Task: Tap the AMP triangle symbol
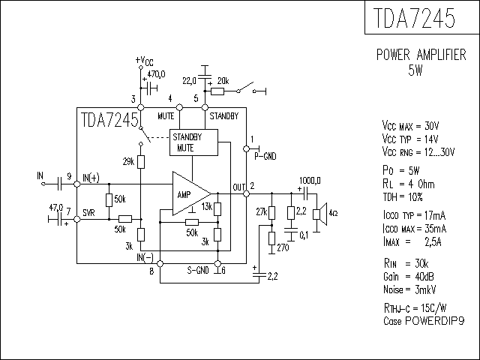coord(187,193)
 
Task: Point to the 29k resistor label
coord(128,162)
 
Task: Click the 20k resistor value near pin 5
coord(223,80)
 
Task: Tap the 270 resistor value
coord(283,247)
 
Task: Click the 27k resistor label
coord(261,212)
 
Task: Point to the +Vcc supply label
coord(144,60)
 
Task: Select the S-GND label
coord(198,269)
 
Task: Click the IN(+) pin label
coord(91,178)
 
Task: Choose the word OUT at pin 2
coord(239,187)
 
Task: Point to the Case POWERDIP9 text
coord(423,320)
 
